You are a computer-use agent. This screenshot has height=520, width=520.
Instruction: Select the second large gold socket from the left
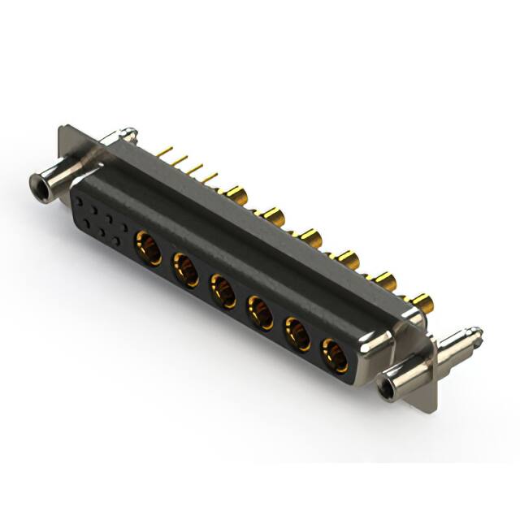(x=185, y=269)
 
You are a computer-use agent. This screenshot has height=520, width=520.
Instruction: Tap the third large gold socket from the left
(x=223, y=291)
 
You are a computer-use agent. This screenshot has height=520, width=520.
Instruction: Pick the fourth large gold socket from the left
(x=260, y=312)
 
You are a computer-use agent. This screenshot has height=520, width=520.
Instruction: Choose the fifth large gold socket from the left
(x=297, y=334)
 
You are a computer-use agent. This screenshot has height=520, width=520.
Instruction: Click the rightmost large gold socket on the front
(x=334, y=355)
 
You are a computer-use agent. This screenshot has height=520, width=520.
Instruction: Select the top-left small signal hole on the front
(x=80, y=197)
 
